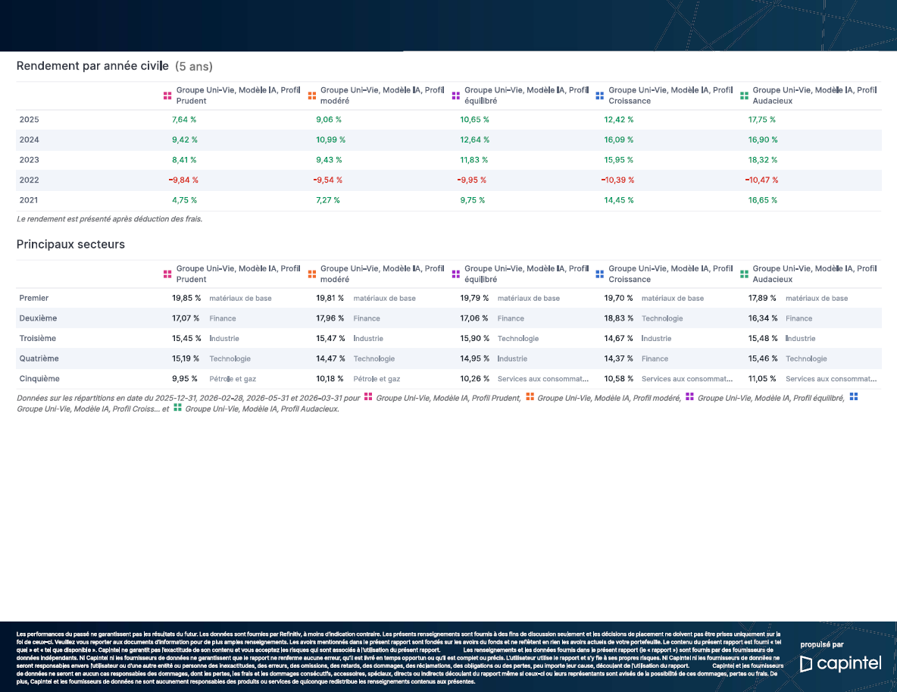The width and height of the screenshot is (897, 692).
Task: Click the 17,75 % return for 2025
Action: pyautogui.click(x=762, y=120)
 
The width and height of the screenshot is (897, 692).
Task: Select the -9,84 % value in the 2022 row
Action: pyautogui.click(x=183, y=180)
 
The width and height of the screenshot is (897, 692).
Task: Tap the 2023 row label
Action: pyautogui.click(x=30, y=160)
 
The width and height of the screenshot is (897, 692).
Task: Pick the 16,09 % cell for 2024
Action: pyautogui.click(x=619, y=139)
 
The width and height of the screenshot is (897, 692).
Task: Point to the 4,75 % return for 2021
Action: pyautogui.click(x=184, y=200)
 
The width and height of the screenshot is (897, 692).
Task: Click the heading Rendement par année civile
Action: pyautogui.click(x=92, y=66)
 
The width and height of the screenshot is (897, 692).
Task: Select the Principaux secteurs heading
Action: pyautogui.click(x=70, y=244)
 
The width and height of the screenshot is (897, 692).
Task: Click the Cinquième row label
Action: pyautogui.click(x=39, y=378)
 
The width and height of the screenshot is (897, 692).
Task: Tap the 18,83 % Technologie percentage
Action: pyautogui.click(x=618, y=318)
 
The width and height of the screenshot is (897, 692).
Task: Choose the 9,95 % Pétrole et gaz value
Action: pyautogui.click(x=185, y=378)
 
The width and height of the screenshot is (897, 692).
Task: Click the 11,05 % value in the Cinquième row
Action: pyautogui.click(x=762, y=378)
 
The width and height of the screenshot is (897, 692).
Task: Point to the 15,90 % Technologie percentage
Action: pyautogui.click(x=475, y=338)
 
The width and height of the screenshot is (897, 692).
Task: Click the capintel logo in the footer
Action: pyautogui.click(x=840, y=663)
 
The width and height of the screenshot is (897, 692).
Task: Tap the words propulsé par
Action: pyautogui.click(x=821, y=644)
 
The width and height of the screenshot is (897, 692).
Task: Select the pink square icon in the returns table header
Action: pyautogui.click(x=167, y=96)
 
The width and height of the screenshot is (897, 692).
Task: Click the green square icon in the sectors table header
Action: pyautogui.click(x=744, y=274)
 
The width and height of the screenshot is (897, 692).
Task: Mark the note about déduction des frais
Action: pyautogui.click(x=109, y=218)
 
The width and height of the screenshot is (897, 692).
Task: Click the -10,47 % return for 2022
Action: pyautogui.click(x=761, y=180)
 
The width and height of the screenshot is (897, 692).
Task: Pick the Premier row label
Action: pyautogui.click(x=34, y=298)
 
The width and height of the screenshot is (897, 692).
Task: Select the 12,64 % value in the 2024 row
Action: pyautogui.click(x=475, y=139)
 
